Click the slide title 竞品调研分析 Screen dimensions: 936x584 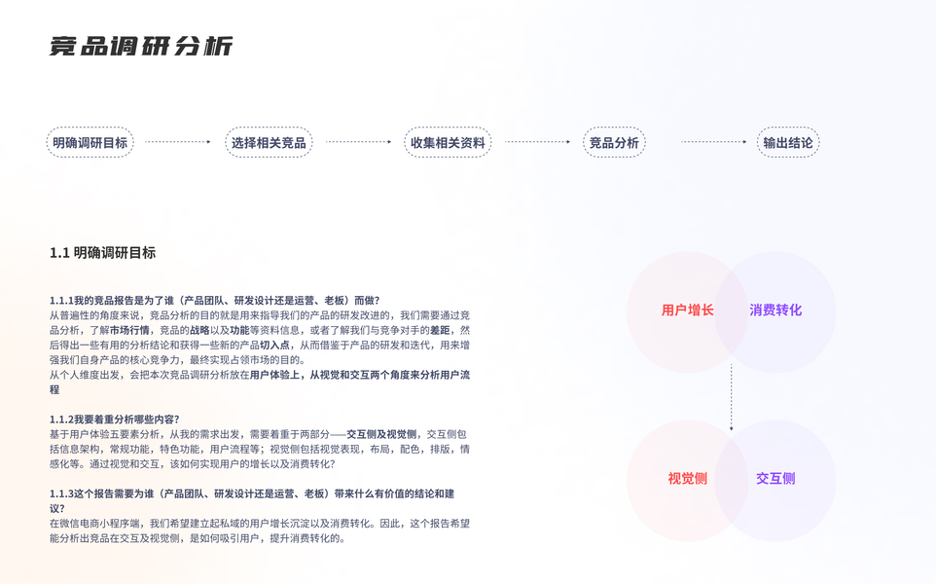coord(141,47)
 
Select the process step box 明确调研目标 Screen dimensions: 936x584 coord(90,143)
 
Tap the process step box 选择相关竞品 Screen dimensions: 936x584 coord(269,143)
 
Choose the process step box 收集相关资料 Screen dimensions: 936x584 coord(448,143)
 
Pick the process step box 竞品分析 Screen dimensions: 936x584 coord(614,143)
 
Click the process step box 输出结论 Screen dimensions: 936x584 coord(788,143)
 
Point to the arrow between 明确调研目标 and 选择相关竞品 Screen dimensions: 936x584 coord(179,142)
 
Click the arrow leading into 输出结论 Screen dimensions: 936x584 coord(714,142)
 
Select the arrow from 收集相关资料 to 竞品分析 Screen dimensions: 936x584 coord(537,142)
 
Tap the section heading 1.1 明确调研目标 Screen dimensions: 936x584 coord(102,253)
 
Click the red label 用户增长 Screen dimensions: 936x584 coord(687,310)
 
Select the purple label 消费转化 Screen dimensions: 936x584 coord(775,310)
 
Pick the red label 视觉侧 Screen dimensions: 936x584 coord(687,479)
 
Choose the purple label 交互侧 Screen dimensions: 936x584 coord(775,479)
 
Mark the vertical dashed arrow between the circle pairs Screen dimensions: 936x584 coord(732,397)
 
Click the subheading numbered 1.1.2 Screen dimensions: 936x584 coord(115,420)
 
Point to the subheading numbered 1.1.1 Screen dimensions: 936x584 coord(214,301)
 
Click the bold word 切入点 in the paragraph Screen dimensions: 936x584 coord(275,346)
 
